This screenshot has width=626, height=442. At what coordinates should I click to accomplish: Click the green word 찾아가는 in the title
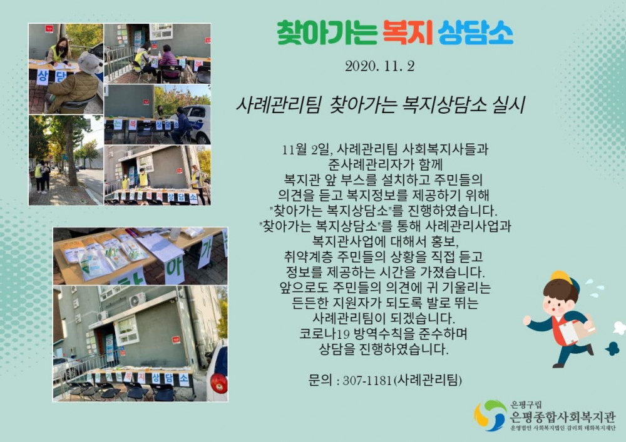327,33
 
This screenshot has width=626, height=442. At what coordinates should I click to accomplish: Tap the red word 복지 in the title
408,33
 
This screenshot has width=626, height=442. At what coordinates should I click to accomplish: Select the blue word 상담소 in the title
476,33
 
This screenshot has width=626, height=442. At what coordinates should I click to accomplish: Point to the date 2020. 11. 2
380,66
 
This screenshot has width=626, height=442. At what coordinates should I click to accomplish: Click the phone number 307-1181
367,380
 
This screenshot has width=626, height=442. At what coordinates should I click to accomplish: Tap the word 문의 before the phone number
320,380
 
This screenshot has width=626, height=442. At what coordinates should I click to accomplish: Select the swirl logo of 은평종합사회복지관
490,416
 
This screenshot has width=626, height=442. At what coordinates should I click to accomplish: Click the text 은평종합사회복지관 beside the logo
563,417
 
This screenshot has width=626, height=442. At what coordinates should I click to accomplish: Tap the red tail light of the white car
218,383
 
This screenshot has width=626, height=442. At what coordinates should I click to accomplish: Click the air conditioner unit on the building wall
136,299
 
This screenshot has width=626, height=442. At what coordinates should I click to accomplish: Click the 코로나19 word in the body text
324,334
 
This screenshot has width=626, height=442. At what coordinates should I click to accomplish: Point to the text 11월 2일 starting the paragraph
306,150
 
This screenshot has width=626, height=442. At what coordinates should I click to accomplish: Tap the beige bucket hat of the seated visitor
88,63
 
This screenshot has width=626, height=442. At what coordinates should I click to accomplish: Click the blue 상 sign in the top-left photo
43,77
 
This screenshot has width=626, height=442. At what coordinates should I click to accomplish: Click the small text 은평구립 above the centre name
526,405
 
